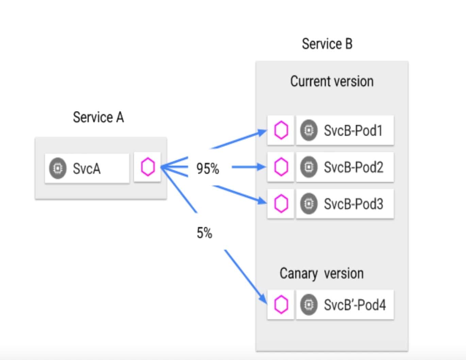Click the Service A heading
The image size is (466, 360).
click(98, 117)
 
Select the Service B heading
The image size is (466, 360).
click(327, 44)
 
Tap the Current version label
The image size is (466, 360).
click(332, 81)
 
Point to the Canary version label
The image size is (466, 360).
click(321, 274)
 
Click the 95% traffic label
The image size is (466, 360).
click(207, 168)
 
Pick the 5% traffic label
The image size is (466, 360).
click(204, 233)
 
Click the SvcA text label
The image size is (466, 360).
click(86, 168)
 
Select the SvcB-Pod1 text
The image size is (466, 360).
click(353, 131)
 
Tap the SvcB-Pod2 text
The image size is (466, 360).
click(353, 167)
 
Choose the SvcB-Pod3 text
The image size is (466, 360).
click(353, 204)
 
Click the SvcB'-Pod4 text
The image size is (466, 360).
click(355, 305)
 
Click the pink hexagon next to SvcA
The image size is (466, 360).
click(148, 167)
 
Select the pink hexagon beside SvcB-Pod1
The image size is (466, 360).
click(281, 130)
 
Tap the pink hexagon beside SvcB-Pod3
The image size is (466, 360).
click(281, 204)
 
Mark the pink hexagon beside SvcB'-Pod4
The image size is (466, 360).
click(281, 305)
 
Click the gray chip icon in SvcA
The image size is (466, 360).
click(58, 168)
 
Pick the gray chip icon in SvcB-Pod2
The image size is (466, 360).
click(309, 167)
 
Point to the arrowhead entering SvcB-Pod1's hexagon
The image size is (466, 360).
click(263, 132)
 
